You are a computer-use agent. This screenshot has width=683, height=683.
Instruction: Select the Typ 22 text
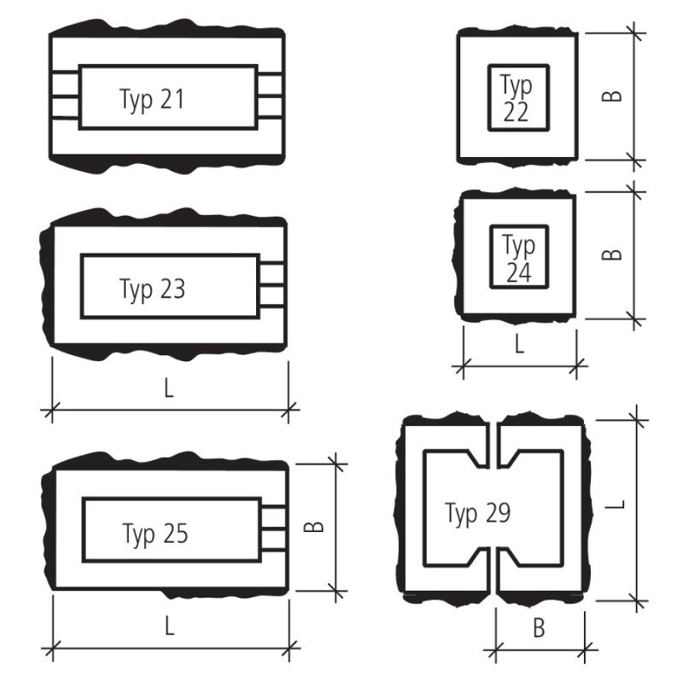pos(517,98)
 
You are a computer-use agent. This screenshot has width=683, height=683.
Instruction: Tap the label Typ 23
pos(152,289)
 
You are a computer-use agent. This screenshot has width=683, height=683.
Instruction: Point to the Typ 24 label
pos(519,259)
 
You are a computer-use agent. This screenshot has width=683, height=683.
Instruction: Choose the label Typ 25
pos(155,534)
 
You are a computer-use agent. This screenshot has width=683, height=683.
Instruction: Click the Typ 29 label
pos(477,514)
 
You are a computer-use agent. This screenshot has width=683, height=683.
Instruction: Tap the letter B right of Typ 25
pos(313,527)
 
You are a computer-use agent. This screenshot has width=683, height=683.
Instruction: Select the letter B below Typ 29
pos(539,628)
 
